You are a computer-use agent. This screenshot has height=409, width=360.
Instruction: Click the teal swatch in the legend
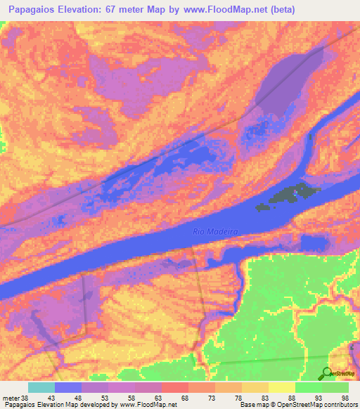41,387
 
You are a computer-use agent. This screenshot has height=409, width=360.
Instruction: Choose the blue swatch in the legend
68,387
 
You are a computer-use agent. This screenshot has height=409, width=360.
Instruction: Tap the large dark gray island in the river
288,195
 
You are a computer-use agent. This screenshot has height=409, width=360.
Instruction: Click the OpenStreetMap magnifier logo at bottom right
328,374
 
